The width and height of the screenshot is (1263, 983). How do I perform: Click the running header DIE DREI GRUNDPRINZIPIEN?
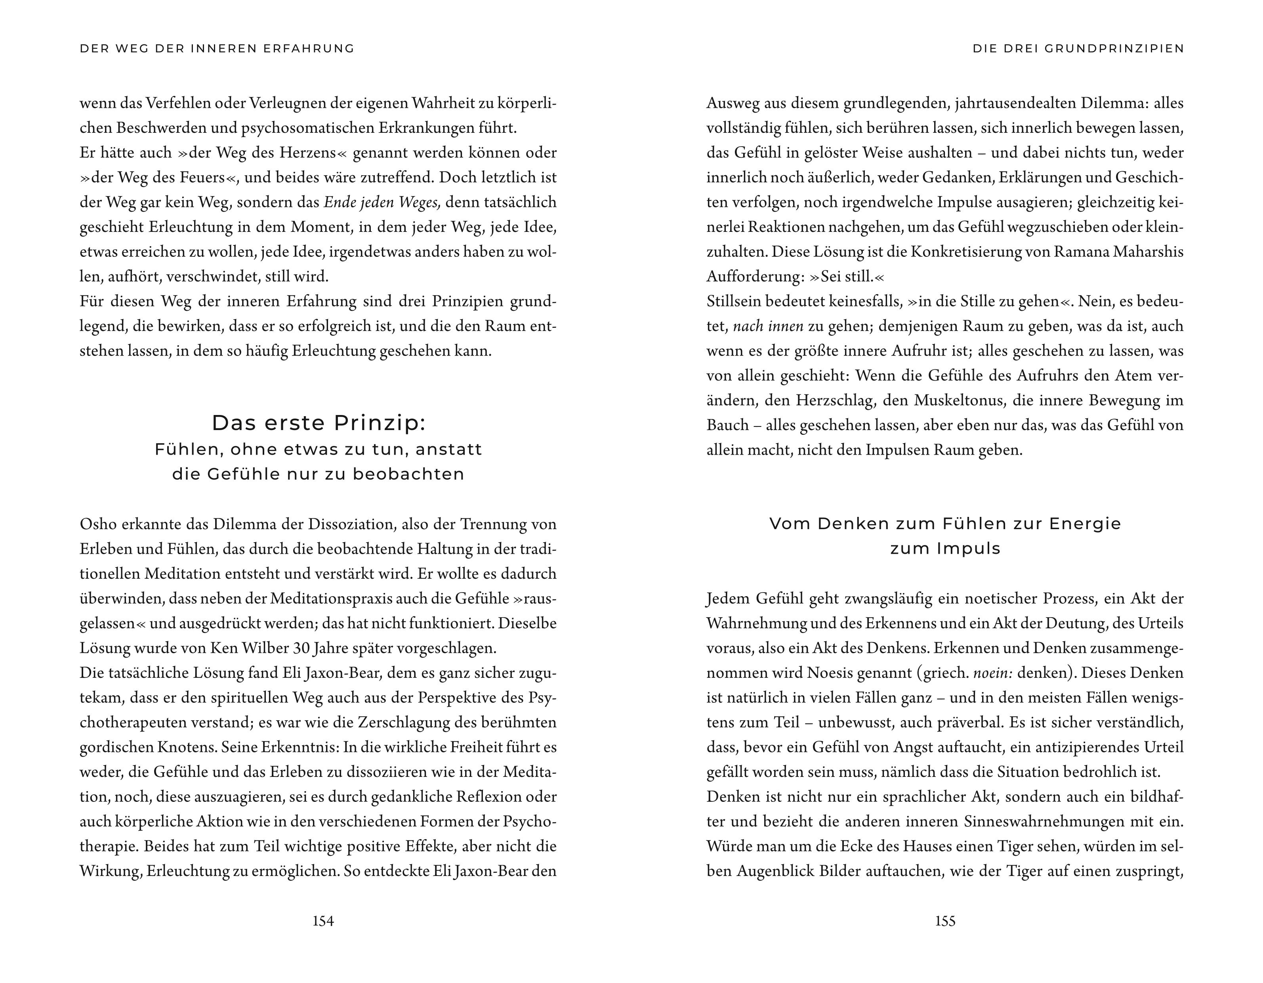click(x=1078, y=49)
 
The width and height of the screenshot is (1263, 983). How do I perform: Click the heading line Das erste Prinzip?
click(x=319, y=423)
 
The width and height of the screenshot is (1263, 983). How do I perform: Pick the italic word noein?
click(x=992, y=673)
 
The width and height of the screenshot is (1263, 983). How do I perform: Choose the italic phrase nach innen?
click(x=768, y=326)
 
